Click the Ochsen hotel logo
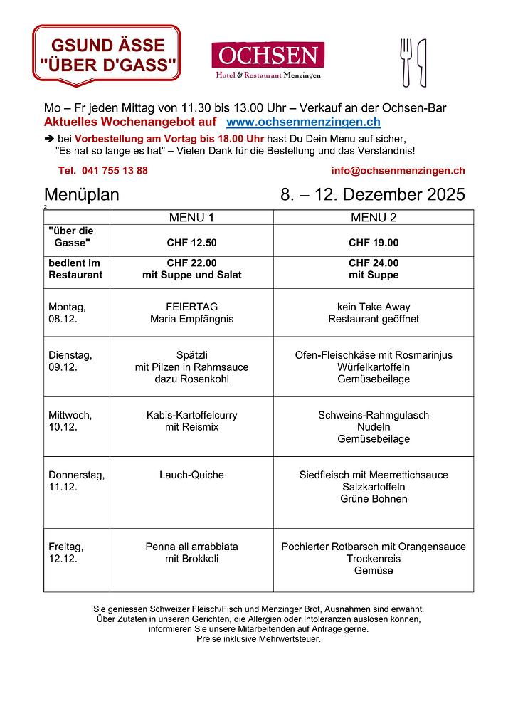point(268,60)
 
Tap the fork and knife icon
point(413,63)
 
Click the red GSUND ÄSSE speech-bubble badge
point(107,56)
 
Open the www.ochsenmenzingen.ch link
point(302,122)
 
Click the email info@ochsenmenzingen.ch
point(398,171)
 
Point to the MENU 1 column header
point(191,218)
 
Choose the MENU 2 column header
point(374,218)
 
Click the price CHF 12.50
point(191,243)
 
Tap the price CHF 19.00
point(374,243)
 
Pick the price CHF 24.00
point(374,263)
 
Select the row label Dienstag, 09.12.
point(70,360)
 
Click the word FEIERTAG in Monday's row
point(191,307)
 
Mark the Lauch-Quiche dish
point(191,475)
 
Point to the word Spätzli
point(191,354)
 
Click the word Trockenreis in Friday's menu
point(374,559)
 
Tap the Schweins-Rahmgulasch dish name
point(374,415)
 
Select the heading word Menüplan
point(82,195)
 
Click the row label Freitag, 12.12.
point(66,552)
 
